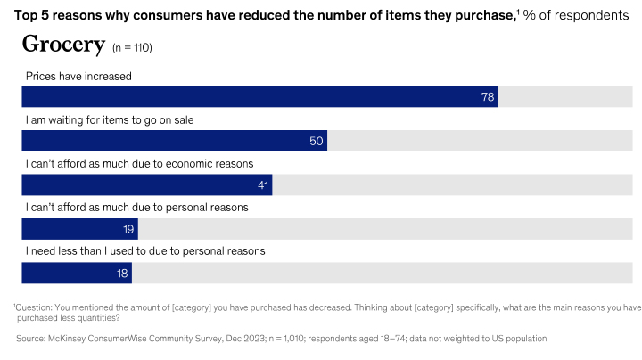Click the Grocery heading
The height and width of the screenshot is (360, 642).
(x=60, y=45)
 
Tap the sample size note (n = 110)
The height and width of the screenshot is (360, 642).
(x=137, y=48)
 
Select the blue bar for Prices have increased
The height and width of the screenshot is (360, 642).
(x=259, y=96)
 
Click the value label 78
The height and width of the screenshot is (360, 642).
(x=488, y=97)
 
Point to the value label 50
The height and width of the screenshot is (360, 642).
(x=316, y=141)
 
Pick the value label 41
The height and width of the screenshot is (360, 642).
(x=261, y=185)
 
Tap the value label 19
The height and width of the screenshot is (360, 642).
(x=128, y=229)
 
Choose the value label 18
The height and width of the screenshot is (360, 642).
(x=122, y=274)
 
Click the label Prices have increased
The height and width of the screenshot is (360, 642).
(x=78, y=77)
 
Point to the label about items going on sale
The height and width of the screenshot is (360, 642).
(x=109, y=120)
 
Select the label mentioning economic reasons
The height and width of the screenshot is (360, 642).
(x=139, y=164)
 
